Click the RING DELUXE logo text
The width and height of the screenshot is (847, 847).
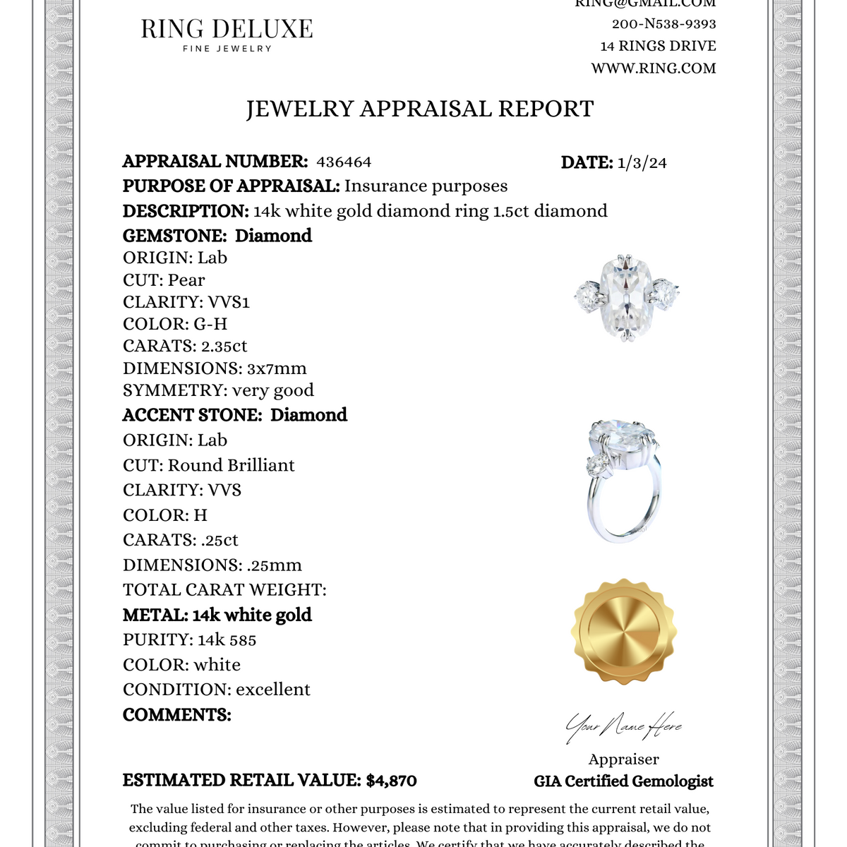227,30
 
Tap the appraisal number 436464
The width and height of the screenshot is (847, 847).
344,162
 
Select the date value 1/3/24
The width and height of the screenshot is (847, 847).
642,163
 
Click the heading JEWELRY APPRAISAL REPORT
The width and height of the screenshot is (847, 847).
420,109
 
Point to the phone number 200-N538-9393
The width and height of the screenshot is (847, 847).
663,24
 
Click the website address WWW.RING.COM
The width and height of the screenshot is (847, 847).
654,68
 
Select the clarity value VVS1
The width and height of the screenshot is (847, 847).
229,302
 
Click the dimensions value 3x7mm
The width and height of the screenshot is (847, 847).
277,368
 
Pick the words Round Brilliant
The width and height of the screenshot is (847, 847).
232,465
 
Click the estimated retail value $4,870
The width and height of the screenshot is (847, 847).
391,781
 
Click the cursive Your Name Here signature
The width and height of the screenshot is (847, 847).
623,727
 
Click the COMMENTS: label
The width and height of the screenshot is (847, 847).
177,715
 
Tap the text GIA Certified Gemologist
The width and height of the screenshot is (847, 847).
623,781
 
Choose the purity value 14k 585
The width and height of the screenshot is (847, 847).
227,640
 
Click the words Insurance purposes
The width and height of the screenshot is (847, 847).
426,186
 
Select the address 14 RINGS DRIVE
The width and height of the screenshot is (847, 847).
658,47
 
